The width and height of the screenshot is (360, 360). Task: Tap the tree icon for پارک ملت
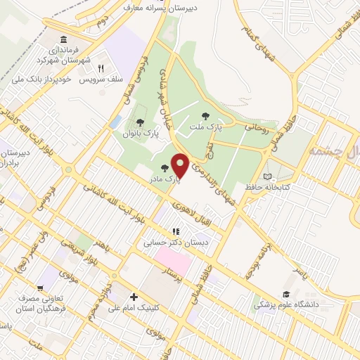pyautogui.click(x=205, y=116)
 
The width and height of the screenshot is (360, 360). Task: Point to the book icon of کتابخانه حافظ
pyautogui.click(x=266, y=176)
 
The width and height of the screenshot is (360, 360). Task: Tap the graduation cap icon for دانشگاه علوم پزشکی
pyautogui.click(x=286, y=294)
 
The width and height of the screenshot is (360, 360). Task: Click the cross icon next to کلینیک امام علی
pyautogui.click(x=132, y=296)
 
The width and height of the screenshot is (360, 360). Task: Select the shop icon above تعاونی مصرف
pyautogui.click(x=44, y=287)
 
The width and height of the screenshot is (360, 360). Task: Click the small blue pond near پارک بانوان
pyautogui.click(x=115, y=122)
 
